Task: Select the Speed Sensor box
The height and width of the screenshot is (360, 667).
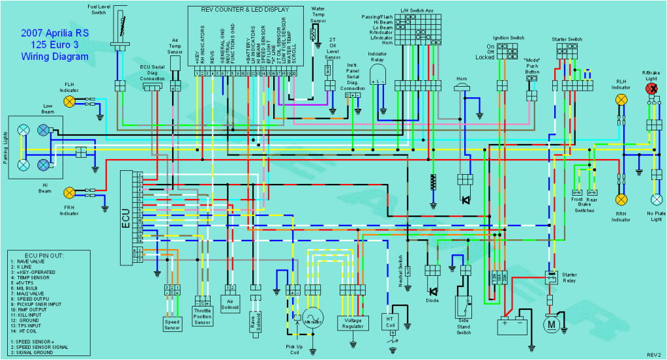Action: pyautogui.click(x=172, y=323)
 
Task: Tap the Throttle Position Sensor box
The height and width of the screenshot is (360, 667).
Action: pyautogui.click(x=203, y=316)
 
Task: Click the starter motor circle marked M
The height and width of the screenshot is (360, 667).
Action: pyautogui.click(x=552, y=323)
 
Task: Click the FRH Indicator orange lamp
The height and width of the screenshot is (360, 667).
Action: pyautogui.click(x=69, y=192)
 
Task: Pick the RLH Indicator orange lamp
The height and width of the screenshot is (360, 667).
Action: pyautogui.click(x=621, y=100)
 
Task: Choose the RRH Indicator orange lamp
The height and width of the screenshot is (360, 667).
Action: pyautogui.click(x=621, y=198)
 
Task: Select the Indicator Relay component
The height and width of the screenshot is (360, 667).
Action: pyautogui.click(x=378, y=76)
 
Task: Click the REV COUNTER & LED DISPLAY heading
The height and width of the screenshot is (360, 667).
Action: pyautogui.click(x=245, y=10)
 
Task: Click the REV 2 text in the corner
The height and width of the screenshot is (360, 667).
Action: pyautogui.click(x=653, y=354)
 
